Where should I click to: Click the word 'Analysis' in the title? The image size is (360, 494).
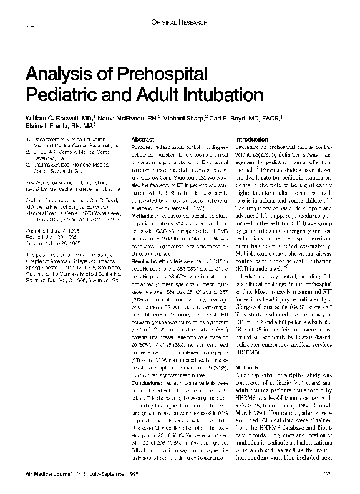pos(55,75)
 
